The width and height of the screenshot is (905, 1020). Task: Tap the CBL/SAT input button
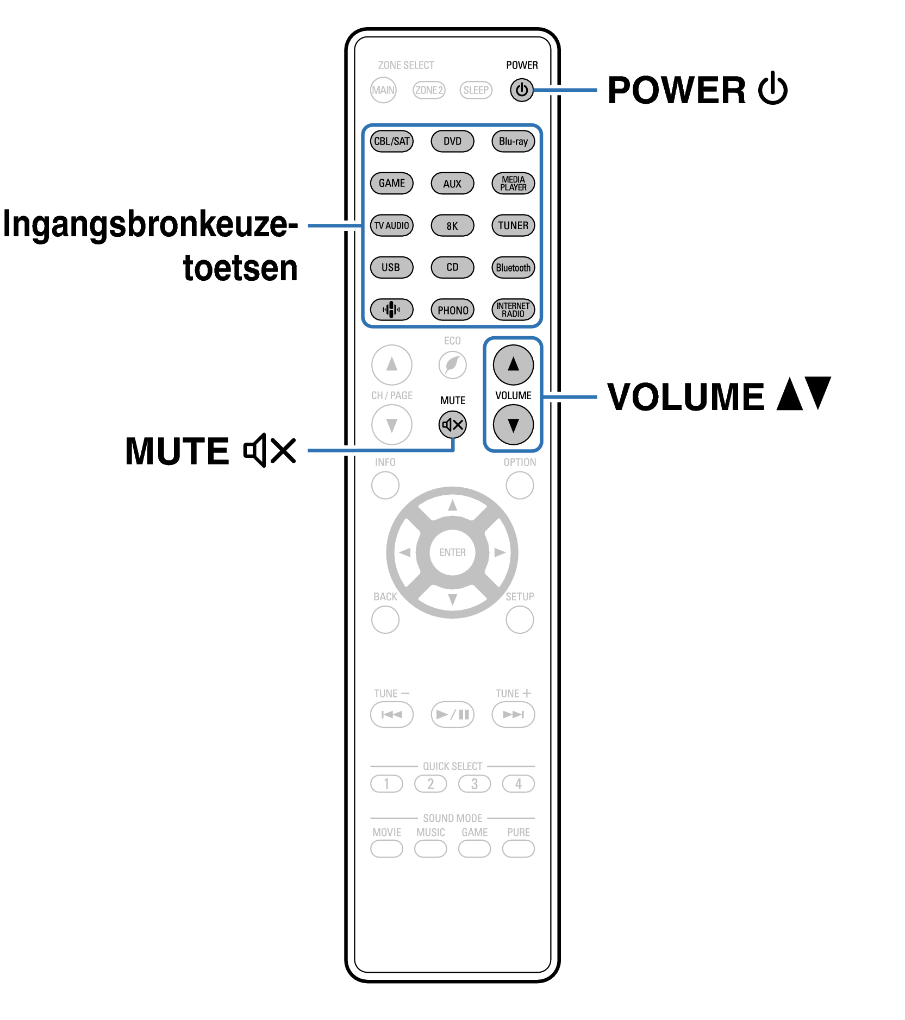click(391, 141)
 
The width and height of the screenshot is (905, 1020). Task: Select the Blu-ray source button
click(513, 141)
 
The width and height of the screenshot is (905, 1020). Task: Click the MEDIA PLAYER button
click(513, 184)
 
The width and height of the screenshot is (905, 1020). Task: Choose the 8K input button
click(452, 225)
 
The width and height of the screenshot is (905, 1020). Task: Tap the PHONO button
click(452, 310)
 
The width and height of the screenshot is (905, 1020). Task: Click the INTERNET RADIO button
click(513, 310)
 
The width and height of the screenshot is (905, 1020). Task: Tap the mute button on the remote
click(452, 425)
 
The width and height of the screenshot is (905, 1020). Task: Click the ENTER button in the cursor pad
click(452, 552)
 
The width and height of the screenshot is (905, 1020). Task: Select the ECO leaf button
click(452, 364)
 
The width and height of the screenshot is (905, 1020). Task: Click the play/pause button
click(452, 714)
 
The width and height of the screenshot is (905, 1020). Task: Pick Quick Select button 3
click(474, 784)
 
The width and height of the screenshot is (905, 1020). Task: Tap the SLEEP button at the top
click(476, 90)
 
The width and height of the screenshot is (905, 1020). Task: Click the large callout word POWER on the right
click(676, 90)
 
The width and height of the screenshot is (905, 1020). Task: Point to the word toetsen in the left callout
click(240, 268)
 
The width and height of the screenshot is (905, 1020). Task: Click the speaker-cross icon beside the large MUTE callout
click(270, 450)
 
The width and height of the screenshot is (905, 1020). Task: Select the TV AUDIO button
click(391, 225)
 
